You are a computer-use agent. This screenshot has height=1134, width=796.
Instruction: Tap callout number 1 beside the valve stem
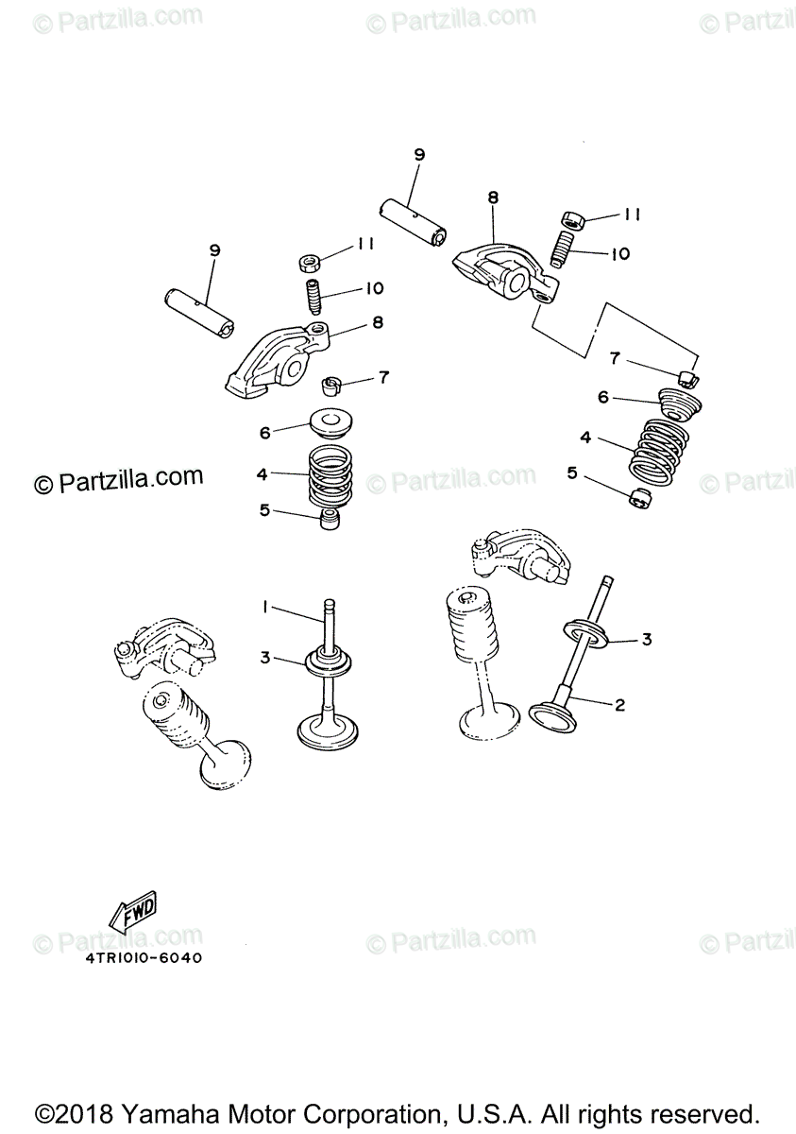266,606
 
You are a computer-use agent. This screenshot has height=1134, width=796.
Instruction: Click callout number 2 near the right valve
619,704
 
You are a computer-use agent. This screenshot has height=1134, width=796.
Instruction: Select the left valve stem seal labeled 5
330,519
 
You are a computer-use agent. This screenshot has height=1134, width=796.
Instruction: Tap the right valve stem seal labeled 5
638,497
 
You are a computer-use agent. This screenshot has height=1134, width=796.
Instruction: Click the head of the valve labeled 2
554,714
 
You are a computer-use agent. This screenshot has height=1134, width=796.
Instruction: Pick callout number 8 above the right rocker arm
493,198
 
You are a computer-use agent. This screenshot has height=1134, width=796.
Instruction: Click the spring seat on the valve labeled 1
327,661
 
